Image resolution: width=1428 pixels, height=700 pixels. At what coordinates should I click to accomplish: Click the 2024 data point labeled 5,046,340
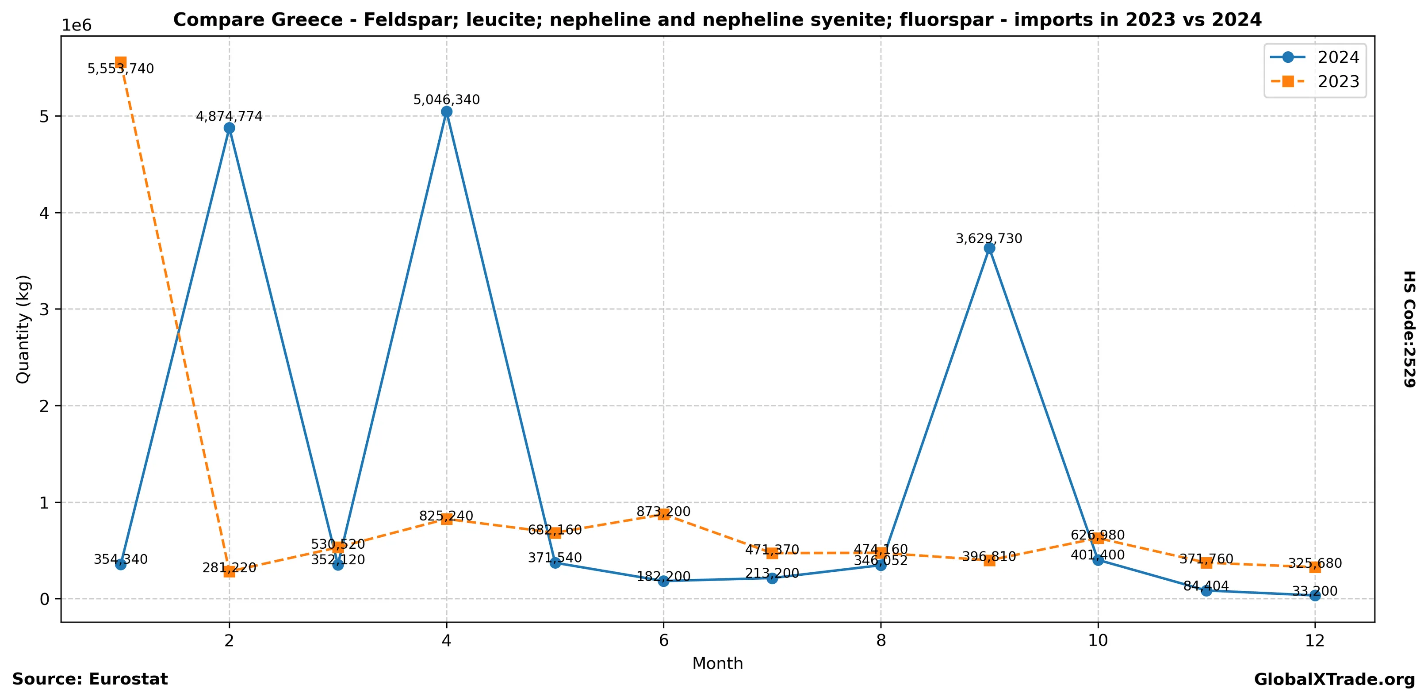click(x=446, y=112)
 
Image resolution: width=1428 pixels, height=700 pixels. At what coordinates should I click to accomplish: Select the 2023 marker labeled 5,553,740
click(x=120, y=63)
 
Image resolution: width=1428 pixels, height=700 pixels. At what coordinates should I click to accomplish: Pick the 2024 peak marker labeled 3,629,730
click(x=989, y=249)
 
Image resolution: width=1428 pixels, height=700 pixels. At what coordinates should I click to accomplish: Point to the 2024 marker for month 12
click(x=1314, y=595)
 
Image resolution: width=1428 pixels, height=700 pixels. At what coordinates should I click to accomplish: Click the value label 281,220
click(x=229, y=567)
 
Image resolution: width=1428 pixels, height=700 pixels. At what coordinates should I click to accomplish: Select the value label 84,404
click(x=1206, y=586)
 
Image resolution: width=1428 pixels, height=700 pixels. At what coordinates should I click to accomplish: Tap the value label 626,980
click(x=1098, y=535)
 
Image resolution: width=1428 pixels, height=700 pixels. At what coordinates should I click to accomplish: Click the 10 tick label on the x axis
click(x=1098, y=641)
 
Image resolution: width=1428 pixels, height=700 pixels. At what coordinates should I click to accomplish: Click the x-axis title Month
click(x=717, y=663)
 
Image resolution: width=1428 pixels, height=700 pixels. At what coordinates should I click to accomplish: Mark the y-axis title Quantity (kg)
click(x=23, y=329)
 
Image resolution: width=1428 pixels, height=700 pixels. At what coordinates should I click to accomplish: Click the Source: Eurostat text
click(x=90, y=680)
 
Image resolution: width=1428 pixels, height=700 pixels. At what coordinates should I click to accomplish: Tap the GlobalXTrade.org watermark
click(x=1334, y=680)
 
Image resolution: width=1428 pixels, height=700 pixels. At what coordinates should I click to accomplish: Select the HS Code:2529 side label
click(x=1409, y=329)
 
